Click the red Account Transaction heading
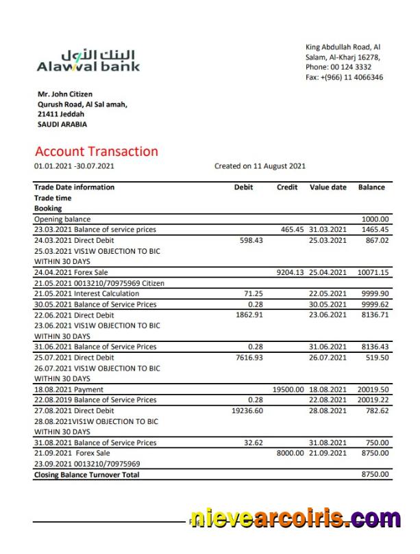pos(96,151)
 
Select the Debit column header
pos(243,187)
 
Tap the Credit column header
pos(287,187)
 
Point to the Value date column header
pos(328,187)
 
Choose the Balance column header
pos(371,187)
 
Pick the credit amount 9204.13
pos(290,272)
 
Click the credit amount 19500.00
pos(288,389)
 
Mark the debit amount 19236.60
pos(247,410)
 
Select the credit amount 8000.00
pos(290,453)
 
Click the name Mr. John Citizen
pos(65,94)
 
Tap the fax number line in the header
pos(344,77)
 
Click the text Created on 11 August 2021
pos(260,166)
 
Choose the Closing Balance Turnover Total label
pos(86,474)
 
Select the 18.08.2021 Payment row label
pos(69,389)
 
